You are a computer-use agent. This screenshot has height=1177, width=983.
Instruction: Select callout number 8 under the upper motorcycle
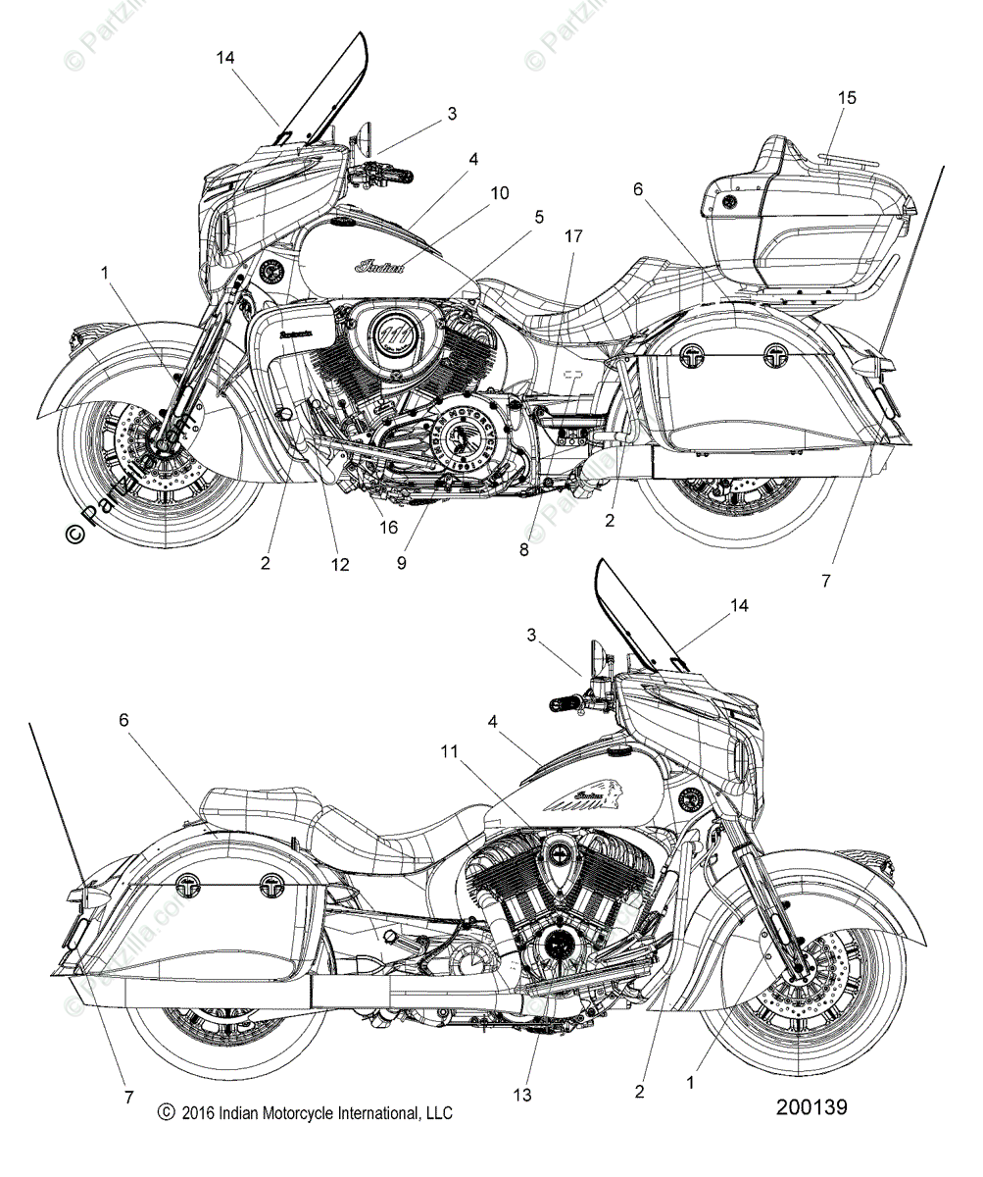tap(524, 550)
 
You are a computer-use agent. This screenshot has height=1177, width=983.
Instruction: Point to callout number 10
tap(500, 193)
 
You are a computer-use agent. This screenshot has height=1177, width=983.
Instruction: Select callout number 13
tap(523, 1095)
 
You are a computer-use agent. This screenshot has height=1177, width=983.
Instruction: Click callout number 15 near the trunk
tap(847, 97)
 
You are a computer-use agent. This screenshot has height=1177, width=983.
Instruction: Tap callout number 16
tap(389, 527)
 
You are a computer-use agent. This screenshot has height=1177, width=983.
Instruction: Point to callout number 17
tap(573, 236)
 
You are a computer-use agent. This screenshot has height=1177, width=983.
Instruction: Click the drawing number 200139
tap(811, 1107)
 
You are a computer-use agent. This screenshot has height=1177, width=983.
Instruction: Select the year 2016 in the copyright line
tap(198, 1113)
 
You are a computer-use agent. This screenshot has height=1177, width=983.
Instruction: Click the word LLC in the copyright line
tap(437, 1113)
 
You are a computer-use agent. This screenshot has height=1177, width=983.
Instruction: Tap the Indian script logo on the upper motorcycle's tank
tap(378, 266)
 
